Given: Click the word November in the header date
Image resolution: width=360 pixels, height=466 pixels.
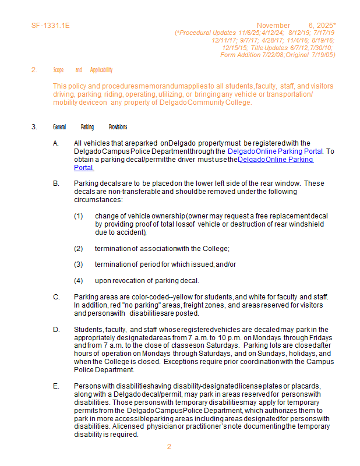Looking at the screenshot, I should pos(273,26).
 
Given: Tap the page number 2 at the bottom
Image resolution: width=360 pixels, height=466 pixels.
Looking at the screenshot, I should pos(169,447).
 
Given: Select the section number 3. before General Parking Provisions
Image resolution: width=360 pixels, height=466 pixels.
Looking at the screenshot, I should pos(34,127).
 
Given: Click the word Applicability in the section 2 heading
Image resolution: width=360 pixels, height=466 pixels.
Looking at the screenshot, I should pos(101,70).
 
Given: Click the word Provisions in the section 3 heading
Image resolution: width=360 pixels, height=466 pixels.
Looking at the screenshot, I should pos(118,127).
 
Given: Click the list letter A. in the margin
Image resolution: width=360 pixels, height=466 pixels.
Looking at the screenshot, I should pos(56,143).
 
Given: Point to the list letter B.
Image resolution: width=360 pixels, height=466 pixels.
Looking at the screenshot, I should pos(56,183).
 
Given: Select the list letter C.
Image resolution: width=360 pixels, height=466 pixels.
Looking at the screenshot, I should pos(56,297).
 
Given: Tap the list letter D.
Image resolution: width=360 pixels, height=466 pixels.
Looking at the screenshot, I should pos(56,330).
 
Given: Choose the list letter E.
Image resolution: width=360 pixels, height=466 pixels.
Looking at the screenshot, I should pos(56,386).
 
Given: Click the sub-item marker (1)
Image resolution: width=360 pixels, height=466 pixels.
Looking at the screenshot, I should pos(79,216).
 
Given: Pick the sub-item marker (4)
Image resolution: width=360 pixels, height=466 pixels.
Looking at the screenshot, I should pos(79,281).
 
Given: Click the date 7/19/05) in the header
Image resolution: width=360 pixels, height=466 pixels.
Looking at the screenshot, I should pos(323,55).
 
